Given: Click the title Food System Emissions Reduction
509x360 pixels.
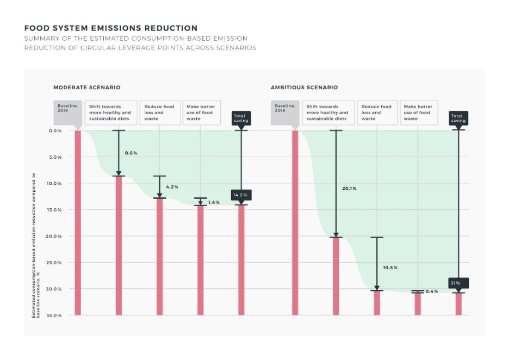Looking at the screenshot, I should click(111, 28).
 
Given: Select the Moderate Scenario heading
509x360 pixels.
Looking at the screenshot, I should click(87, 88).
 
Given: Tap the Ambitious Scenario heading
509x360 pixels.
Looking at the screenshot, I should click(305, 88).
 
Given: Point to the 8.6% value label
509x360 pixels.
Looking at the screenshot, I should click(131, 153).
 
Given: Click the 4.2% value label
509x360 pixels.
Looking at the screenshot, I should click(172, 187).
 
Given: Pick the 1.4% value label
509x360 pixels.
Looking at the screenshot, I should click(214, 202).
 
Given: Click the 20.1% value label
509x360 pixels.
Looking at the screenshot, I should click(349, 189).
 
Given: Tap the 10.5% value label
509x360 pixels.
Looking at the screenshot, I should click(390, 268).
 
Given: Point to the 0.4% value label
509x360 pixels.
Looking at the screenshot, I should click(432, 291).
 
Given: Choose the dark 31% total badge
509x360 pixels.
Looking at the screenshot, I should click(458, 283).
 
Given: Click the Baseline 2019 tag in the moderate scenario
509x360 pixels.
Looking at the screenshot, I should click(68, 109).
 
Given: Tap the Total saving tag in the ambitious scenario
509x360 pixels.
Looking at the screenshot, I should click(458, 117).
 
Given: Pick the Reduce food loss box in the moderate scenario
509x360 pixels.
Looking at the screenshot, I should click(159, 113).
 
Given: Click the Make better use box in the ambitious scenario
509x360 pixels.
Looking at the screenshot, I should click(418, 113).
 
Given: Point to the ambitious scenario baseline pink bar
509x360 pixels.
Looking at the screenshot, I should click(295, 223).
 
